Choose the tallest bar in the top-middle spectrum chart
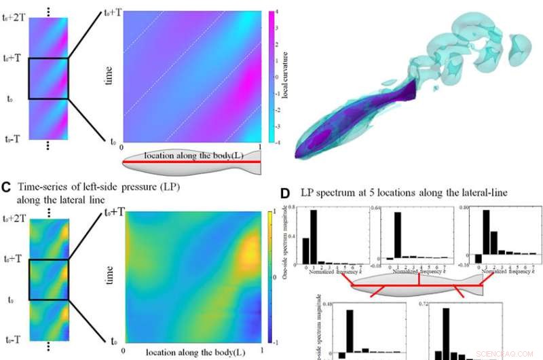coord(397,236)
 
